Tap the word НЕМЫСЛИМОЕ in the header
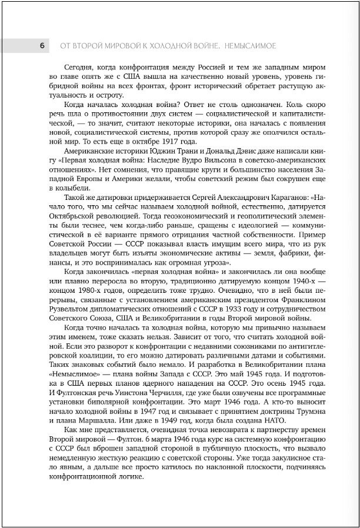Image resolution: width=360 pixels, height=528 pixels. [244, 45]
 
